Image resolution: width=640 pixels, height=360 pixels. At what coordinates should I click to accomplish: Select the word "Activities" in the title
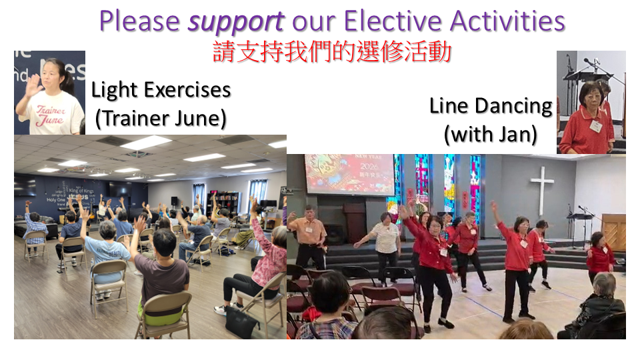point(507,21)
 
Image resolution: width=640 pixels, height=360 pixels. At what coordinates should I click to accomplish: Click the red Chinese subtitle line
point(332,52)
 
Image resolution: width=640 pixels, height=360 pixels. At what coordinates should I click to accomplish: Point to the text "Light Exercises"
point(161,90)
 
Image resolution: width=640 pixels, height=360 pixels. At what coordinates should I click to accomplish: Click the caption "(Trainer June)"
point(161,119)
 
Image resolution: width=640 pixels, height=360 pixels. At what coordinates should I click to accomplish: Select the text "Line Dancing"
point(491,107)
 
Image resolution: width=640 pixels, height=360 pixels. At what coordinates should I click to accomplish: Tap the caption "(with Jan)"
point(491,134)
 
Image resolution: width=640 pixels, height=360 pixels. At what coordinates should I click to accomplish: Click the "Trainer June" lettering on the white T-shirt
point(50,115)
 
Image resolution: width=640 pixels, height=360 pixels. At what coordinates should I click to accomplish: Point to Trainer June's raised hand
point(32,85)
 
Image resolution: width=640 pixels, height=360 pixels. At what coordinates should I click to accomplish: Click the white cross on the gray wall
point(541,190)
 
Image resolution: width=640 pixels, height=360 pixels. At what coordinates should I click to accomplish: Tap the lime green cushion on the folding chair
point(163,315)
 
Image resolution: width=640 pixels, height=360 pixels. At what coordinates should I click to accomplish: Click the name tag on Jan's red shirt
point(595,126)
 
